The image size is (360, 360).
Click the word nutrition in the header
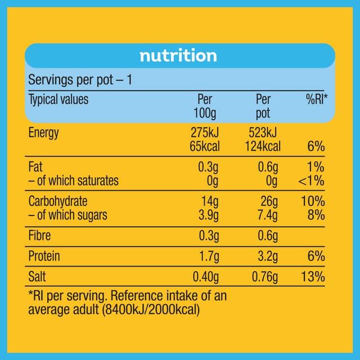click(x=178, y=56)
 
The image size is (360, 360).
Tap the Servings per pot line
click(x=80, y=80)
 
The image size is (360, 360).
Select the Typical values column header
click(x=58, y=100)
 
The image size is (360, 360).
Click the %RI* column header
click(x=317, y=99)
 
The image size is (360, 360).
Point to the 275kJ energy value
click(x=205, y=133)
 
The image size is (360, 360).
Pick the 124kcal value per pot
click(x=263, y=146)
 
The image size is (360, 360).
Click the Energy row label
click(x=44, y=133)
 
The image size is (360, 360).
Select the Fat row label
click(x=35, y=166)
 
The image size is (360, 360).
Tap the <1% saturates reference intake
click(x=311, y=181)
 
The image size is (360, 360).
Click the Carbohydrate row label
click(x=58, y=201)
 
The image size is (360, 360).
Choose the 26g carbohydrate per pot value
click(x=269, y=202)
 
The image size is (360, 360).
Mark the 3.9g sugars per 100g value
click(x=209, y=215)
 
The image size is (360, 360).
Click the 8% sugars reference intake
click(x=316, y=215)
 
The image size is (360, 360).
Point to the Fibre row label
click(x=39, y=236)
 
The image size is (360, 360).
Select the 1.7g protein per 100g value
click(x=209, y=256)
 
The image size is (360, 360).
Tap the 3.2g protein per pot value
click(x=268, y=256)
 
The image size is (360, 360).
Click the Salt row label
click(x=37, y=276)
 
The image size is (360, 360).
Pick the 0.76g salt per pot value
click(x=265, y=277)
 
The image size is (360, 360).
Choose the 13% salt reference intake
click(x=313, y=277)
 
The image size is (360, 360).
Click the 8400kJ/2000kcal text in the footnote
click(x=151, y=310)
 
